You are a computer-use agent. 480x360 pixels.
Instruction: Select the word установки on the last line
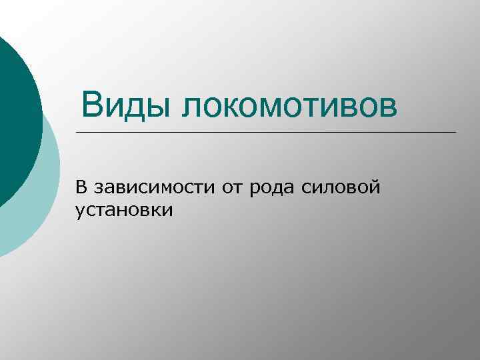click(125, 211)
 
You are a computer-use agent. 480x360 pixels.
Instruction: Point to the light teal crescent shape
click(40, 200)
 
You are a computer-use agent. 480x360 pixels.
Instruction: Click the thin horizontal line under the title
click(267, 132)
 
